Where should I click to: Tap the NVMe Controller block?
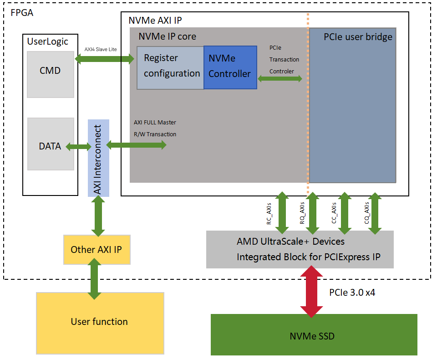click(x=230, y=67)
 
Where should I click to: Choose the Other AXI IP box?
click(x=97, y=250)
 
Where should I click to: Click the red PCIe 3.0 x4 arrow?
click(x=311, y=291)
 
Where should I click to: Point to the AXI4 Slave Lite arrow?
click(x=105, y=58)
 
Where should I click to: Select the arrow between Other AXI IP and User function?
click(x=95, y=278)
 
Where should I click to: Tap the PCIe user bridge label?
click(x=358, y=37)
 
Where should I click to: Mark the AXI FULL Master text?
click(x=155, y=122)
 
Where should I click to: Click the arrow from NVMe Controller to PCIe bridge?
click(x=280, y=79)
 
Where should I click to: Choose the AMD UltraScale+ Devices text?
click(x=290, y=241)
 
